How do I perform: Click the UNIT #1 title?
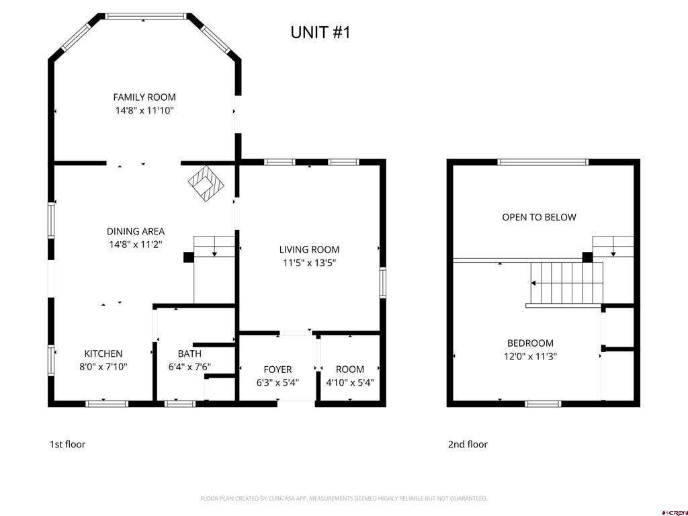click(320, 32)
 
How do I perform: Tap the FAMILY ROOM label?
click(144, 97)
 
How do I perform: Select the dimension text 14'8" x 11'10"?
click(144, 111)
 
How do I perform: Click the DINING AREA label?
click(136, 231)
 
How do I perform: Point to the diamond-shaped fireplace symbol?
click(206, 183)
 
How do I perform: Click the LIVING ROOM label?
click(309, 250)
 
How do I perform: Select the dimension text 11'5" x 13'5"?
click(309, 263)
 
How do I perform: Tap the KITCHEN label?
click(103, 353)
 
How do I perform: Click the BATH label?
click(189, 353)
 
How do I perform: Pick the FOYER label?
click(277, 370)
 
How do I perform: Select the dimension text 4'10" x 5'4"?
click(349, 382)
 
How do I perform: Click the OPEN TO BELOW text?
click(540, 217)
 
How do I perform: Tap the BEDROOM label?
click(531, 343)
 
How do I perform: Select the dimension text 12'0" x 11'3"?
click(531, 357)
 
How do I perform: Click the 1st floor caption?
click(67, 445)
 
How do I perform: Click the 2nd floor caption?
click(468, 445)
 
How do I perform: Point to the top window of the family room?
click(146, 17)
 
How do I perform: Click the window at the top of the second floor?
click(543, 163)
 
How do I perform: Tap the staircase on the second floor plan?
click(566, 284)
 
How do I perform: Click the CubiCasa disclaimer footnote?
click(343, 499)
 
